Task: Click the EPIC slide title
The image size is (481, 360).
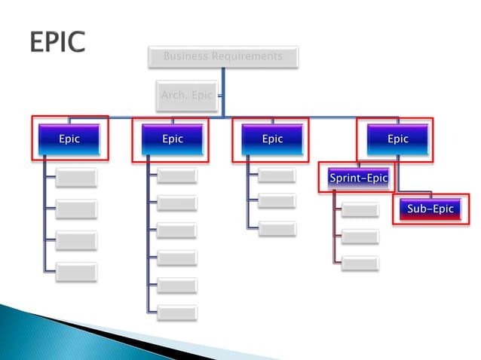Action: point(57,41)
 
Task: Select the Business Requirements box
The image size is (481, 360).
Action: point(222,56)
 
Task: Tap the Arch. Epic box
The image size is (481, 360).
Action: point(187,96)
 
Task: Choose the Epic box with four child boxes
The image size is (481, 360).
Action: point(69,139)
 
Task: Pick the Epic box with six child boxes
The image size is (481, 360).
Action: point(173,139)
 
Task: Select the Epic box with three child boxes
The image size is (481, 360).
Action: point(272,139)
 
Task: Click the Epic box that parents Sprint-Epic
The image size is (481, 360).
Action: point(397,139)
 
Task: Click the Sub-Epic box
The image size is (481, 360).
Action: point(430,209)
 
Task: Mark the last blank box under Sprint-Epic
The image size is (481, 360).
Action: point(360,264)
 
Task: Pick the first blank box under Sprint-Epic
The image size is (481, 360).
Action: point(360,209)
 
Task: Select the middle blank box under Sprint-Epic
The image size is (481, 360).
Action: point(360,236)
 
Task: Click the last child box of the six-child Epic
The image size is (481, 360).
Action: point(177,312)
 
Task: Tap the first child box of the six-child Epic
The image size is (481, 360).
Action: point(177,176)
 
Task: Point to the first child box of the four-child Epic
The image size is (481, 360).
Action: point(76,178)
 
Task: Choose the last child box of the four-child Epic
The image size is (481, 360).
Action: point(76,271)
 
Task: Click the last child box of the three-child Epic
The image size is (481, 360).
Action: point(277,227)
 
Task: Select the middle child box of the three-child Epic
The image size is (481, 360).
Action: point(277,201)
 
